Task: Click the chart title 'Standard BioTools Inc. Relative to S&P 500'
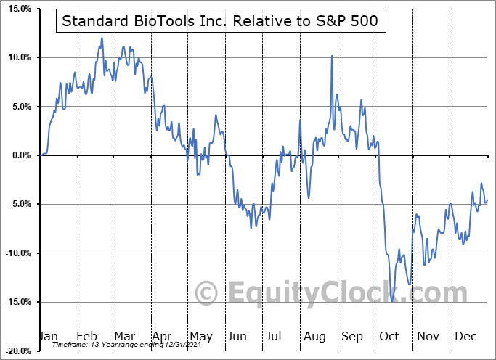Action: coord(220,21)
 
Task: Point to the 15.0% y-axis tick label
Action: coord(17,9)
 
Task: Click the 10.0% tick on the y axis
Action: coord(17,57)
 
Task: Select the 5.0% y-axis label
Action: coord(19,107)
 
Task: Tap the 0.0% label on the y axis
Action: coord(19,155)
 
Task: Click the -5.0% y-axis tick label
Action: coord(17,204)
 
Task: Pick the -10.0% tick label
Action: coord(16,253)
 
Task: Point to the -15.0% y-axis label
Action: coord(16,302)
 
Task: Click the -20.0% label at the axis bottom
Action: coord(16,351)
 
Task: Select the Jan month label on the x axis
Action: coord(48,336)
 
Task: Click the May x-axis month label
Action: coord(201,336)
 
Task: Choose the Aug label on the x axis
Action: coord(315,336)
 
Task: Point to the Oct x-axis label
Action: coord(391,336)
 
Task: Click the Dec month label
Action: coord(466,336)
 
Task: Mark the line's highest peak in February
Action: coord(102,38)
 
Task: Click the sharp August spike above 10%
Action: coord(331,56)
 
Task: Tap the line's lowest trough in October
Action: coord(392,300)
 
